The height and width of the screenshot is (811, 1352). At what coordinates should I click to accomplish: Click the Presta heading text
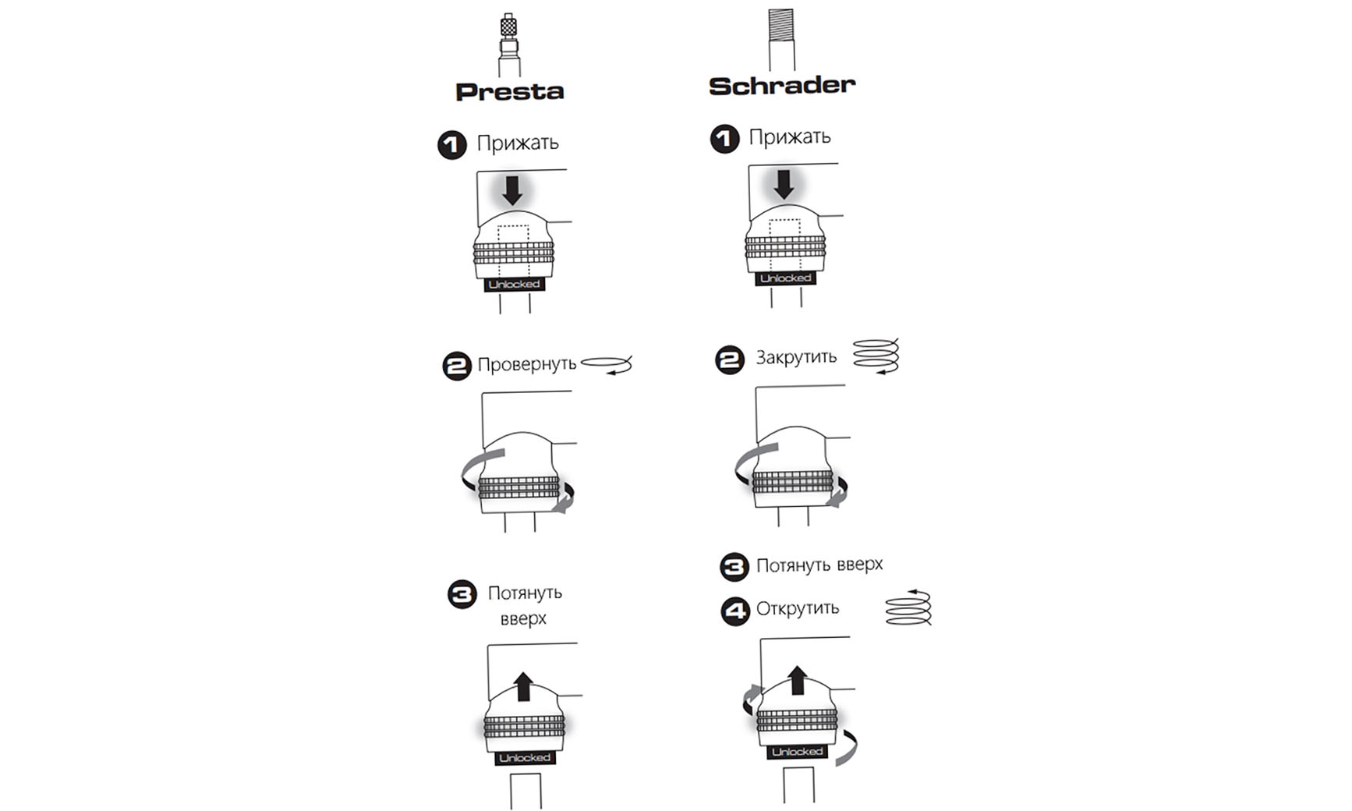pyautogui.click(x=509, y=92)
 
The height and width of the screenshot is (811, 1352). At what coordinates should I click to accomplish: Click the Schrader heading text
pyautogui.click(x=781, y=86)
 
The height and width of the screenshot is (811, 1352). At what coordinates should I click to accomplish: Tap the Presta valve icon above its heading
pyautogui.click(x=509, y=44)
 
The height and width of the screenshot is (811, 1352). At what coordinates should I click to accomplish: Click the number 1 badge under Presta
pyautogui.click(x=452, y=145)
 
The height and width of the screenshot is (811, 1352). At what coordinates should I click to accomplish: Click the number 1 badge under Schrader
pyautogui.click(x=724, y=139)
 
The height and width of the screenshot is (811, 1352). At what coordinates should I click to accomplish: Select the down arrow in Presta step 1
pyautogui.click(x=512, y=189)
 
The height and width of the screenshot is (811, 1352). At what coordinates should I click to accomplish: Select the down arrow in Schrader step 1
pyautogui.click(x=784, y=184)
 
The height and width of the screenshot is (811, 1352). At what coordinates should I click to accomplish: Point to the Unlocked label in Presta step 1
pyautogui.click(x=514, y=285)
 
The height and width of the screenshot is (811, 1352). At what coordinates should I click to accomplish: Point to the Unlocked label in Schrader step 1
pyautogui.click(x=785, y=278)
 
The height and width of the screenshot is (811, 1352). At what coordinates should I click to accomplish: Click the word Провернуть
pyautogui.click(x=527, y=364)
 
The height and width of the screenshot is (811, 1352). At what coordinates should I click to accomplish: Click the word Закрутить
pyautogui.click(x=796, y=358)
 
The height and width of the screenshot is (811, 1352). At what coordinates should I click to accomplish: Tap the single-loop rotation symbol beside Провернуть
pyautogui.click(x=607, y=364)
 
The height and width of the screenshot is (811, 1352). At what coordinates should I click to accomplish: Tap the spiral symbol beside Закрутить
pyautogui.click(x=876, y=356)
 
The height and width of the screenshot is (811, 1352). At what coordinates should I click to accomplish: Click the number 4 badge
pyautogui.click(x=734, y=611)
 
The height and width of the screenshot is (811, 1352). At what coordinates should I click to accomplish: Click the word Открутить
pyautogui.click(x=798, y=608)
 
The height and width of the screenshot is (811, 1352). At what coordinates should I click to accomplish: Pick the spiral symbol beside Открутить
pyautogui.click(x=909, y=607)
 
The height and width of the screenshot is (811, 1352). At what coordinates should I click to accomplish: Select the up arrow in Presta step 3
pyautogui.click(x=524, y=686)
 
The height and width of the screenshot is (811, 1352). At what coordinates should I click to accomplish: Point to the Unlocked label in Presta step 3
pyautogui.click(x=525, y=758)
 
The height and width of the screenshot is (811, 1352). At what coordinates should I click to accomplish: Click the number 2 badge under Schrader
pyautogui.click(x=730, y=359)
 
